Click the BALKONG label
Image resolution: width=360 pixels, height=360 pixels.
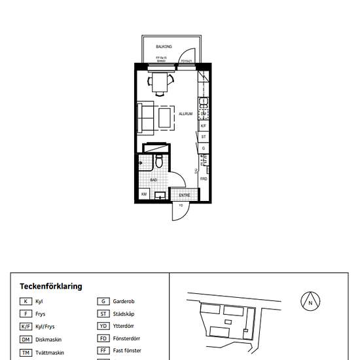click(164, 47)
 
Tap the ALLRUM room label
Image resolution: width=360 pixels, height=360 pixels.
click(185, 114)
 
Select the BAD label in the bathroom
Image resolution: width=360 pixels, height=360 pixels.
click(153, 179)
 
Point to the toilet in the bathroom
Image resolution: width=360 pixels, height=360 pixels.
click(158, 160)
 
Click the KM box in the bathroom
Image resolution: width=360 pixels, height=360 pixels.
click(144, 194)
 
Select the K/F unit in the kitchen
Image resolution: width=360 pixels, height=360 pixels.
click(204, 126)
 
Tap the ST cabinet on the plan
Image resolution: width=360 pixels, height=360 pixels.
click(204, 137)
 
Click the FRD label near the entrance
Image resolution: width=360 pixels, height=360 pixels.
click(204, 179)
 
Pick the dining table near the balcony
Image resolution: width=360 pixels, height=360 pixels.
click(160, 82)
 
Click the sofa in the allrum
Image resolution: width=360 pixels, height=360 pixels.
click(145, 117)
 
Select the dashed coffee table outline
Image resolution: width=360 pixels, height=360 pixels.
click(166, 117)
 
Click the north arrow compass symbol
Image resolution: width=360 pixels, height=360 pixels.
click(310, 302)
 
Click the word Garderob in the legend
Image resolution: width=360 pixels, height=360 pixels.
click(124, 301)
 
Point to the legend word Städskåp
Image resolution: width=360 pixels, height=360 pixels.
click(124, 314)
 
